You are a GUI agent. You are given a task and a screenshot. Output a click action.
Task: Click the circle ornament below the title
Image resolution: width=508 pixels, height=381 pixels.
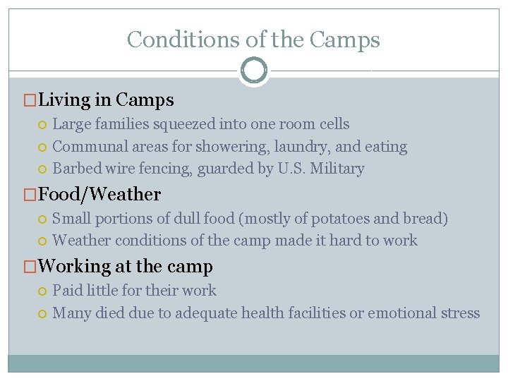coord(253,70)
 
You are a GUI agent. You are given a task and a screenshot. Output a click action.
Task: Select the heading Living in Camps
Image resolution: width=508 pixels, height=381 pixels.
coord(107,100)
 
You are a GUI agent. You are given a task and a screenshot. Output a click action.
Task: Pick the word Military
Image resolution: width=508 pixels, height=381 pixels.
coord(339,169)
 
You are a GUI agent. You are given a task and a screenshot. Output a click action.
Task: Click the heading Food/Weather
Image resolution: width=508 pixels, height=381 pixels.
coord(99,194)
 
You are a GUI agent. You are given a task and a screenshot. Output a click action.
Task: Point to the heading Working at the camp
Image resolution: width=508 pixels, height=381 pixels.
coord(126,266)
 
